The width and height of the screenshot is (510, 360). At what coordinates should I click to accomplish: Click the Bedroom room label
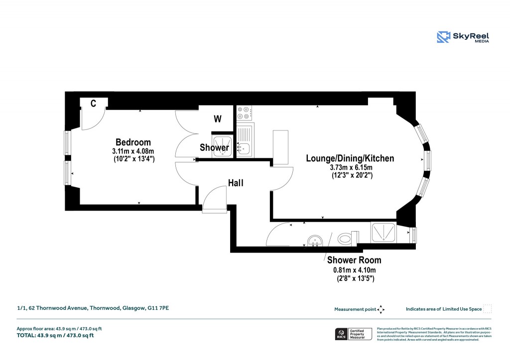(133, 142)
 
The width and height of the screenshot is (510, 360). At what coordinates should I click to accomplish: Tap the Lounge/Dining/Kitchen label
(350, 158)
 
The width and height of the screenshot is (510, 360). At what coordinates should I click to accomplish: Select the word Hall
(236, 183)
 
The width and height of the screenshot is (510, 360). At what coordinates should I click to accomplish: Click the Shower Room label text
(354, 260)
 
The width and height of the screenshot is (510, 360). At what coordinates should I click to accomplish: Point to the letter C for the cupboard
(93, 103)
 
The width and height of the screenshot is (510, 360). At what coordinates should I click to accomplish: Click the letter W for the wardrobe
(217, 119)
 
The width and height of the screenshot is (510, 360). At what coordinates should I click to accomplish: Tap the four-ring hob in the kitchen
(244, 114)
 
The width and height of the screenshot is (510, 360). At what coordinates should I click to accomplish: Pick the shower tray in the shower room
(383, 232)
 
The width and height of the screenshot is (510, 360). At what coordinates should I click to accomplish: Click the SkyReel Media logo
(463, 37)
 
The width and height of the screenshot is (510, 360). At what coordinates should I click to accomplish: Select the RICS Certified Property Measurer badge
(353, 334)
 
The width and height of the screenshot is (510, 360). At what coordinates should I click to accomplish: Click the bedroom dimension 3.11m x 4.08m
(133, 151)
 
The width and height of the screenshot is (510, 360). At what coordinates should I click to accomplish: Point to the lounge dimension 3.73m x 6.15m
(350, 168)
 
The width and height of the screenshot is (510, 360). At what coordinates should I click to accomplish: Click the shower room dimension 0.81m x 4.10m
(354, 270)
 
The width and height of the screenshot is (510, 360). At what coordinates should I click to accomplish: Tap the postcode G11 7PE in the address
(158, 309)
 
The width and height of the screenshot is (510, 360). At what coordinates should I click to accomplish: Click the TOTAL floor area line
(55, 335)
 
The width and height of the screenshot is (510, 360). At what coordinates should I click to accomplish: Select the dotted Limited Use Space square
(488, 309)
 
